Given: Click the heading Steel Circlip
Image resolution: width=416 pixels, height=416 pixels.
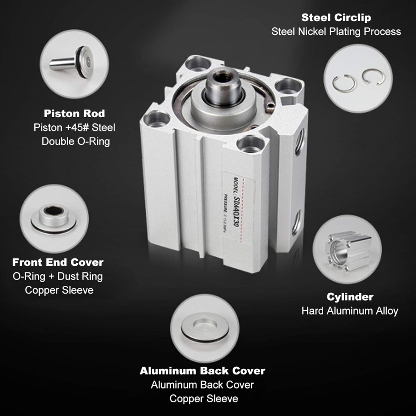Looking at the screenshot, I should pyautogui.click(x=336, y=18).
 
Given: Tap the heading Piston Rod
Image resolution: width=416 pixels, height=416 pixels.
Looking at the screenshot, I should pyautogui.click(x=74, y=113).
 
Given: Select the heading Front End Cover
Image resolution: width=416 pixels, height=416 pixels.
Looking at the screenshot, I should pyautogui.click(x=58, y=262).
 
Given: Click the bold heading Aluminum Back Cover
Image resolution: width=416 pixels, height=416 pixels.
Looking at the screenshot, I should pyautogui.click(x=202, y=371).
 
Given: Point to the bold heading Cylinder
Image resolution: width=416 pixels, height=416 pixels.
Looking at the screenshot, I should pyautogui.click(x=350, y=297).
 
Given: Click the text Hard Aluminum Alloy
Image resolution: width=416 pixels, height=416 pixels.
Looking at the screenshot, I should pyautogui.click(x=350, y=311).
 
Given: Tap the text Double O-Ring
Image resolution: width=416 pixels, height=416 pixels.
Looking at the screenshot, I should pyautogui.click(x=76, y=141).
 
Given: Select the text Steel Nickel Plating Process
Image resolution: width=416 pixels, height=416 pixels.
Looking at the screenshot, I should pyautogui.click(x=336, y=32).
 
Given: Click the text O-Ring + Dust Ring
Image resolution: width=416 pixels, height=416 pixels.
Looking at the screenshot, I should pyautogui.click(x=58, y=277).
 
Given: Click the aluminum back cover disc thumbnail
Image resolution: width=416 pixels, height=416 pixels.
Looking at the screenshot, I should pyautogui.click(x=205, y=328).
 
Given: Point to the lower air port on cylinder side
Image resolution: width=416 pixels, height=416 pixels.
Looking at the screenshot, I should pyautogui.click(x=296, y=220).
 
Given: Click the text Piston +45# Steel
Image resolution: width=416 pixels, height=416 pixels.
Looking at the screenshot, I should pyautogui.click(x=74, y=128).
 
